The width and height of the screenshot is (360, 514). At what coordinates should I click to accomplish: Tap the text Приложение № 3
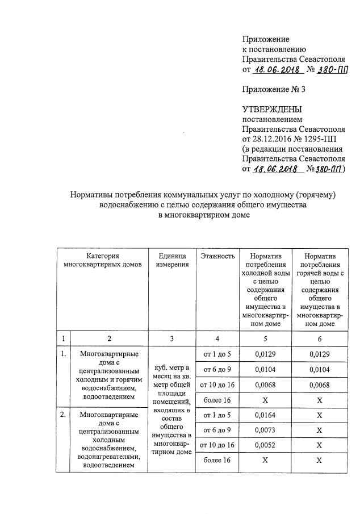pos(274,89)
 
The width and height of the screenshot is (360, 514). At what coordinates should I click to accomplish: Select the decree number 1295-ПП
pos(320,139)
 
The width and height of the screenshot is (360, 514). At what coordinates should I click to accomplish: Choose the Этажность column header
pos(217,256)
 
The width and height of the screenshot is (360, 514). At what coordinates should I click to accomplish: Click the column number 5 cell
pos(265,338)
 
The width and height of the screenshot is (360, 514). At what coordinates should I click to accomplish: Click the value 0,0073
pos(265,429)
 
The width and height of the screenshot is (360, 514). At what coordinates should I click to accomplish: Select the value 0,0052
pos(265,445)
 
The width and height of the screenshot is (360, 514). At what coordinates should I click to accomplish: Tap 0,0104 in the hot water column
pos(320,369)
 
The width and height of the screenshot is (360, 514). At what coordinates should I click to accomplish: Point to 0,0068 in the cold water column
pos(265,385)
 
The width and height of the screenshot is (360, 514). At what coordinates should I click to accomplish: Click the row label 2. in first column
pos(63,415)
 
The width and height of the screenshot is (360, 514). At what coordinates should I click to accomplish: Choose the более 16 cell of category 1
pos(217,400)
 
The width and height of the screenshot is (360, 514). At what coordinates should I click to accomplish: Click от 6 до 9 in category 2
pos(217,429)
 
